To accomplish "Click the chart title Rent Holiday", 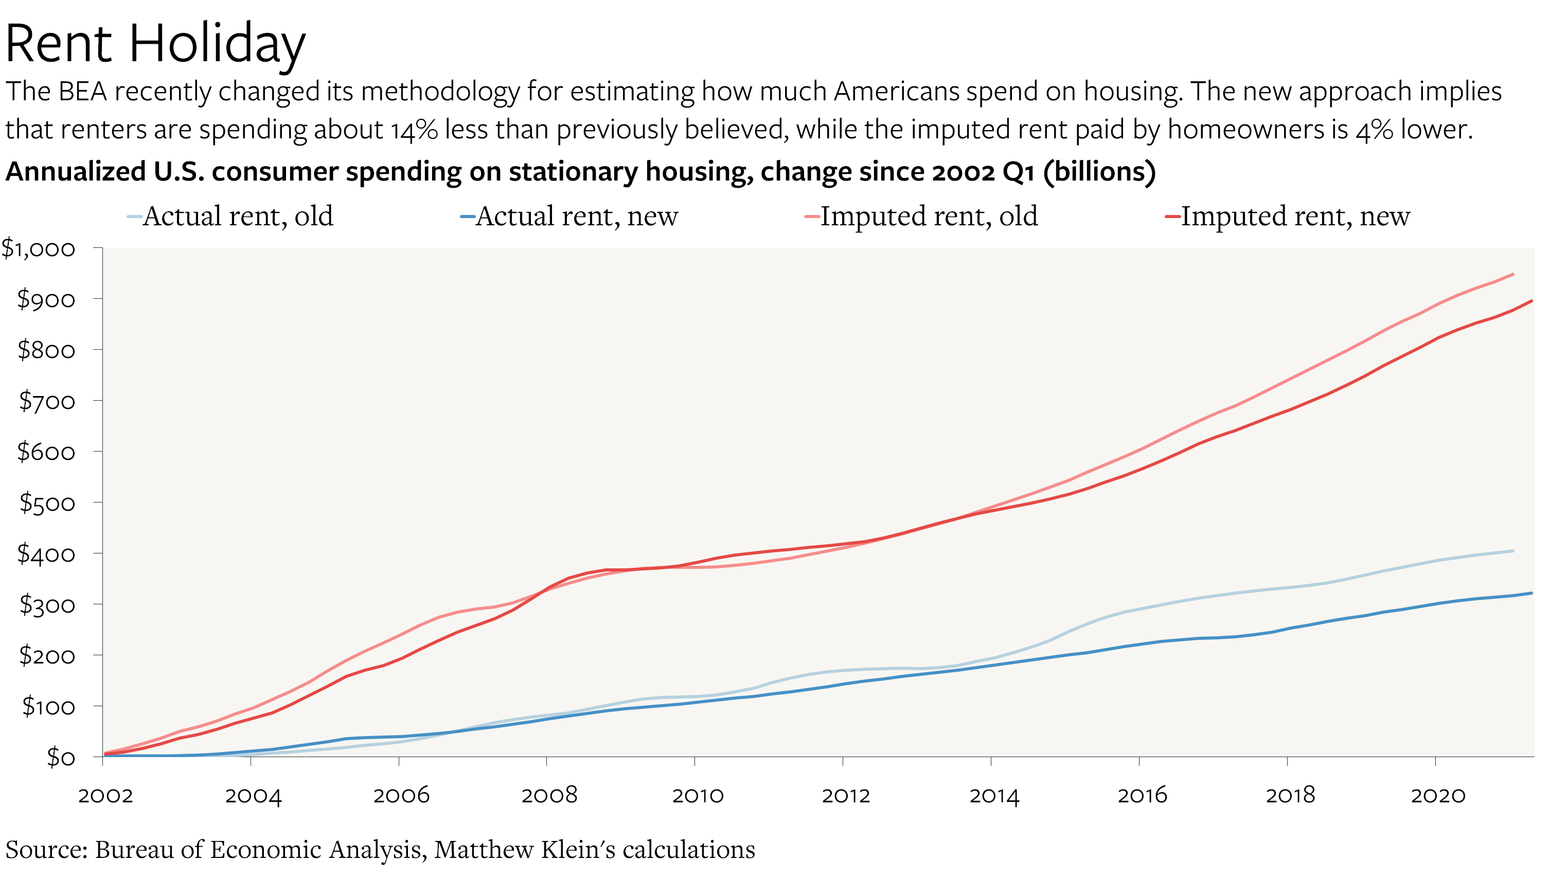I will click(155, 44).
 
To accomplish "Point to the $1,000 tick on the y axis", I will click(38, 248).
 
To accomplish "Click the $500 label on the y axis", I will click(47, 503).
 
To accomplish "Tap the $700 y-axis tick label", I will click(47, 401).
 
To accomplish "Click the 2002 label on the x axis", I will click(105, 796).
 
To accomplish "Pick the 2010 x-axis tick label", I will click(698, 796).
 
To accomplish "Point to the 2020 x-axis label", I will click(1438, 796).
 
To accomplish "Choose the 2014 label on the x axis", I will click(994, 796).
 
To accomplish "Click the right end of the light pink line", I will click(1513, 274).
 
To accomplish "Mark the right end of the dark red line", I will click(1532, 301).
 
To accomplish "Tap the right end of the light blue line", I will click(1513, 550).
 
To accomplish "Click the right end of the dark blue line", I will click(1532, 593).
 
